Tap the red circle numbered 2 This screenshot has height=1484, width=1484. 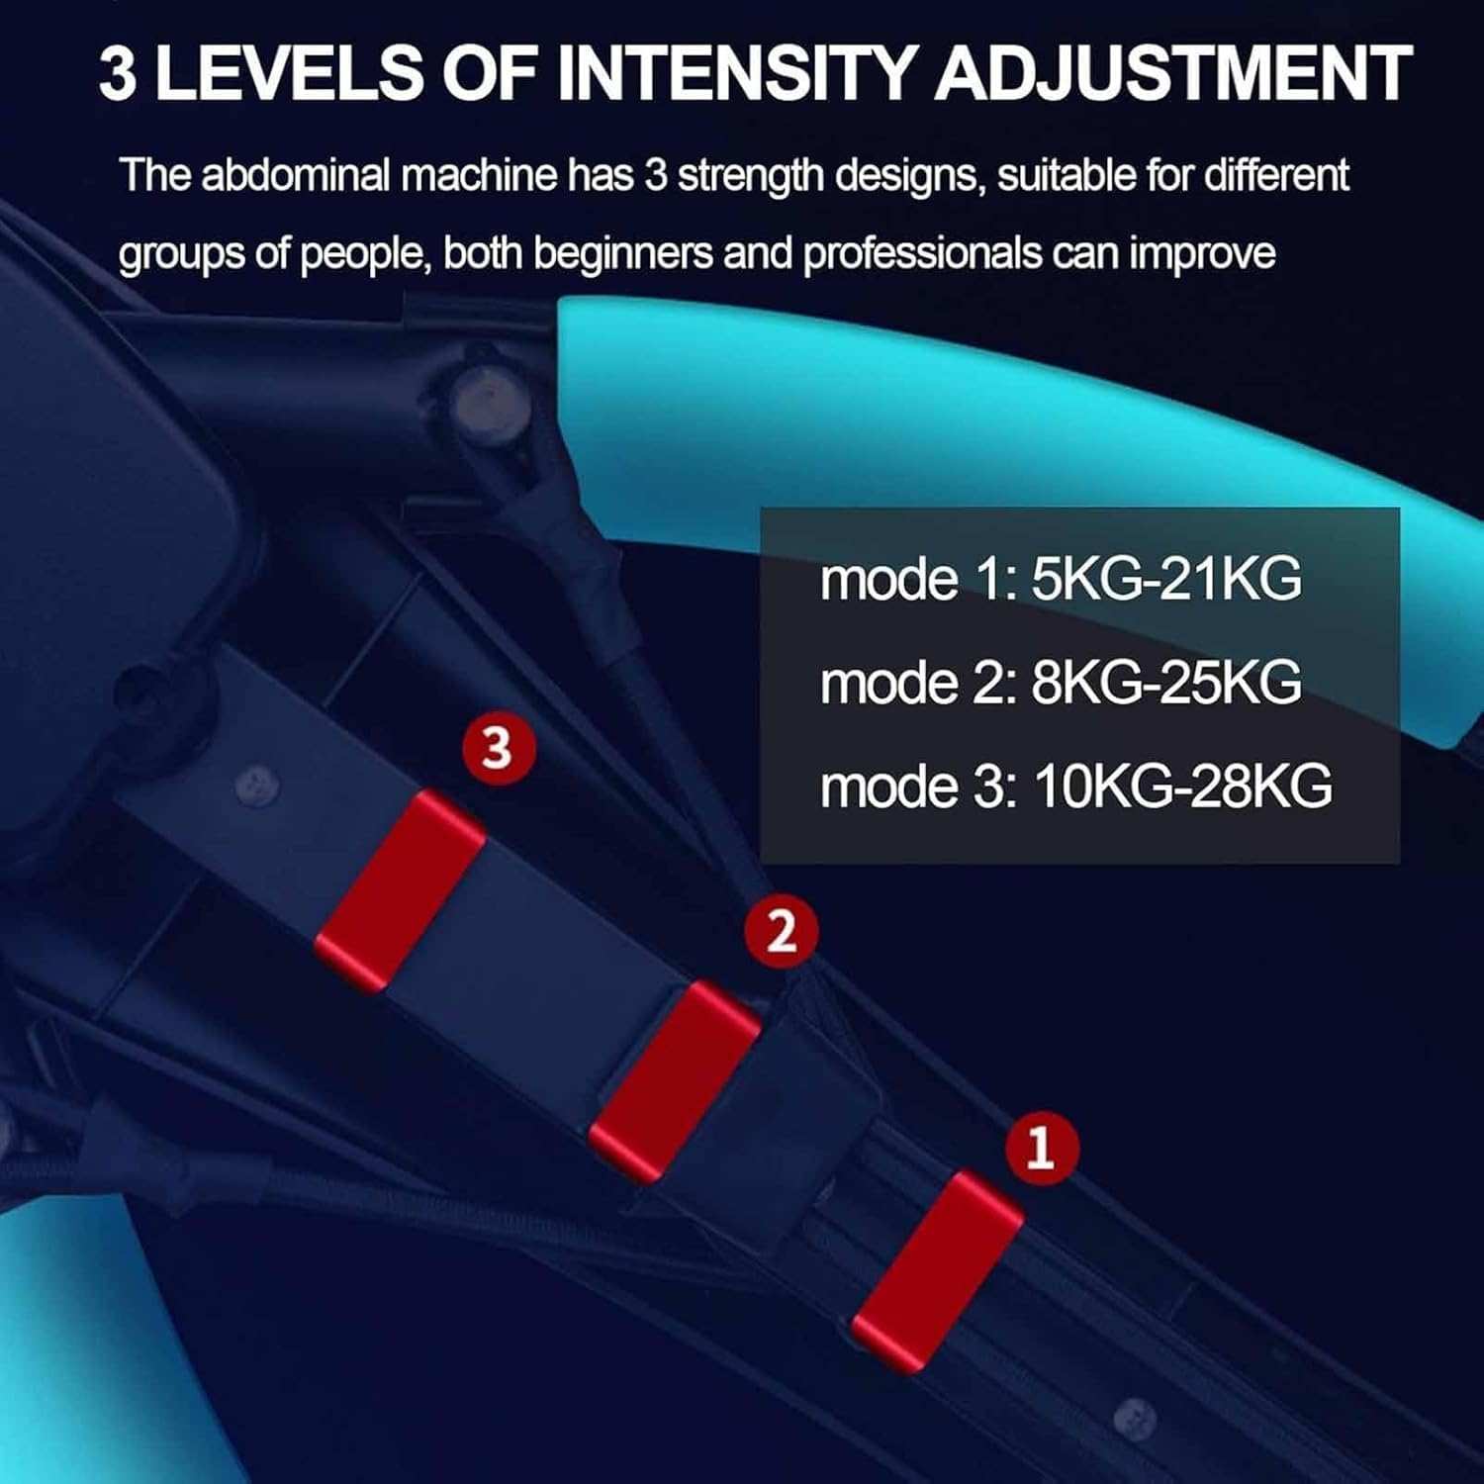[x=782, y=932]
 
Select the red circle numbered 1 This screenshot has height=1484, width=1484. [x=1041, y=1149]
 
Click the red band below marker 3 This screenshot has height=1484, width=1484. [x=400, y=890]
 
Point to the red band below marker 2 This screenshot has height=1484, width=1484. [x=675, y=1081]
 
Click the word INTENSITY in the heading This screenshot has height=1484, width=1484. [x=736, y=73]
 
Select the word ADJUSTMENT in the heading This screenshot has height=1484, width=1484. [x=1173, y=73]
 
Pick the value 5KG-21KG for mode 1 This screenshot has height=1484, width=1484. [x=1166, y=579]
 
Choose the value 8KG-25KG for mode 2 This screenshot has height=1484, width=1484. [x=1166, y=683]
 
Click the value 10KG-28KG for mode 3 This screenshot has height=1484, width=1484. [x=1182, y=787]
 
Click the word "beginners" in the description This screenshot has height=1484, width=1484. [x=622, y=254]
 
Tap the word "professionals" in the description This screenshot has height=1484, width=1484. [x=922, y=254]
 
